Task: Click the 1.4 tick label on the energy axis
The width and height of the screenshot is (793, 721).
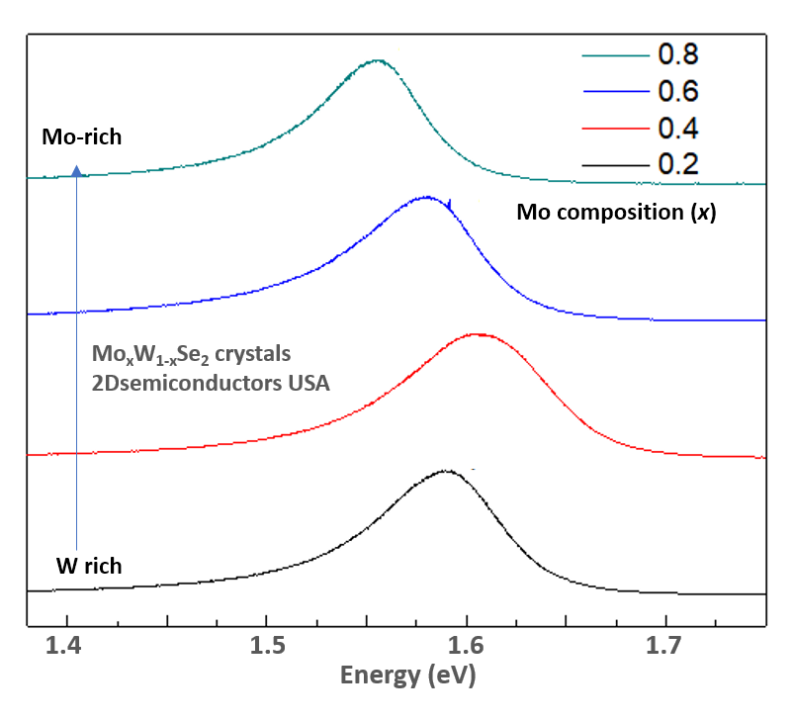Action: click(67, 648)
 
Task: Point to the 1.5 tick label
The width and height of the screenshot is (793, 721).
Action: click(266, 648)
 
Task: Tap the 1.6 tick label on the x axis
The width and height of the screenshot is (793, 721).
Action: click(466, 648)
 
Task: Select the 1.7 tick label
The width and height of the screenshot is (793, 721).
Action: click(665, 648)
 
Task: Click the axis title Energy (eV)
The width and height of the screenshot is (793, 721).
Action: click(407, 676)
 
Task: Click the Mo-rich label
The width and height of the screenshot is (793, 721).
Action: click(81, 137)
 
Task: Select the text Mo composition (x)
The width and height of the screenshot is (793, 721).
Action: click(616, 213)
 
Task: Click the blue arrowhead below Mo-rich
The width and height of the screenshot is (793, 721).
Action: click(77, 171)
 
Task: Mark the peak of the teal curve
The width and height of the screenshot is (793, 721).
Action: click(376, 60)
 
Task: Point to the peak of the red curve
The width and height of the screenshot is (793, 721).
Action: click(477, 334)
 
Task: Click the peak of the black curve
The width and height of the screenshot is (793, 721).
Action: click(445, 471)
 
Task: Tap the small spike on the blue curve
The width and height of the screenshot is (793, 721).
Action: click(449, 203)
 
